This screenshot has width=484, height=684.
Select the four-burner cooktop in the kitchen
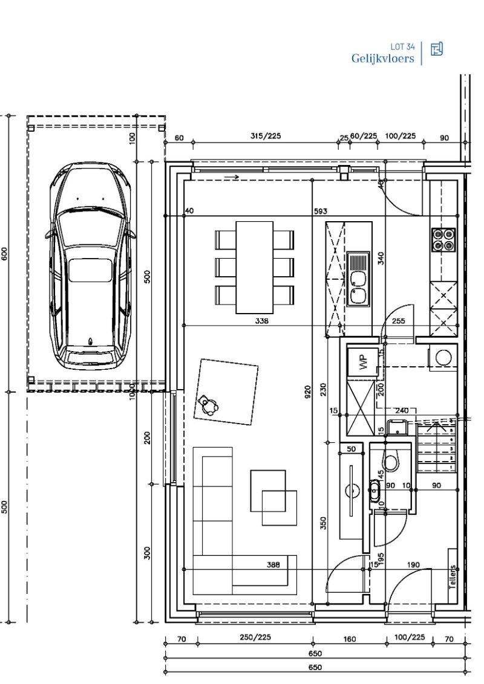point(443,239)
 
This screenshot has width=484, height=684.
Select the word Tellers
point(452,576)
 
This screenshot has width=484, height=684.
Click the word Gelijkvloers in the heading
point(383,59)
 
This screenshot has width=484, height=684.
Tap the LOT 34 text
point(403,47)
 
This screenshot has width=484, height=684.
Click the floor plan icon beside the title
point(436,50)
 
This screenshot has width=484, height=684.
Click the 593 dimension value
point(320,211)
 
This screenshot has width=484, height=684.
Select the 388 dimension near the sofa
point(273,565)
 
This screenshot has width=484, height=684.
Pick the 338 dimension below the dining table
point(261,321)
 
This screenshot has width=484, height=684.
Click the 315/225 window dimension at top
point(266,137)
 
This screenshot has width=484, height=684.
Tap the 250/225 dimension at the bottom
point(255,637)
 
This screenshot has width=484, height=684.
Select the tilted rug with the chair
point(226,392)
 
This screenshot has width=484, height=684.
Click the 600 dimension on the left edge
point(5,254)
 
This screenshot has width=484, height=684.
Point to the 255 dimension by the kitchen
point(399,321)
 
